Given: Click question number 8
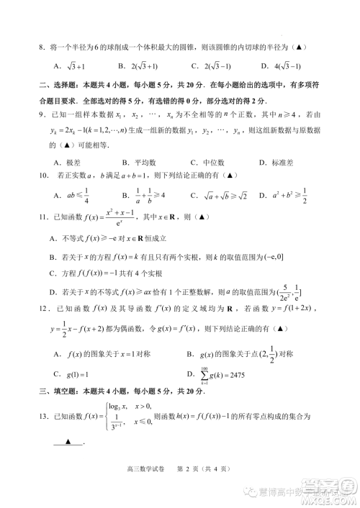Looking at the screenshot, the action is [x=42, y=47].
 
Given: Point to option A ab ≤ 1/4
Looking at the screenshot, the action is [x=72, y=194].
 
